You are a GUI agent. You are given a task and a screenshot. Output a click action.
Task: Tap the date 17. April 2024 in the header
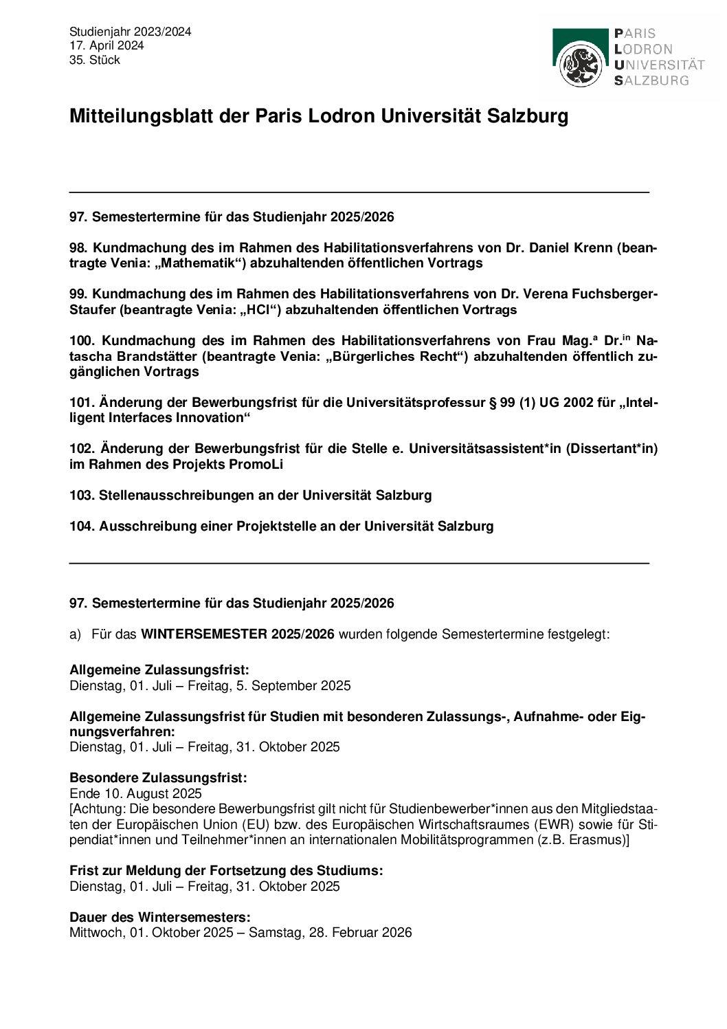(107, 45)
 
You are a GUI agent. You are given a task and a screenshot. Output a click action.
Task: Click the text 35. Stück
(95, 60)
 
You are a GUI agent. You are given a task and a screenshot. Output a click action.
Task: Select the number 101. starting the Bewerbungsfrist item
(81, 402)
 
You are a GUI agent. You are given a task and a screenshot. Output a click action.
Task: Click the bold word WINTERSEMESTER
(204, 634)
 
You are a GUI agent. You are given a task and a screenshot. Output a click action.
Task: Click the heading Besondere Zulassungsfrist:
(158, 777)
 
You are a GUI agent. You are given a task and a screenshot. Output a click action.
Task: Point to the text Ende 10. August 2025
(136, 793)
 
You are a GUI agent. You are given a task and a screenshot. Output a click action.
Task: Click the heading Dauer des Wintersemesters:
(160, 917)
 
